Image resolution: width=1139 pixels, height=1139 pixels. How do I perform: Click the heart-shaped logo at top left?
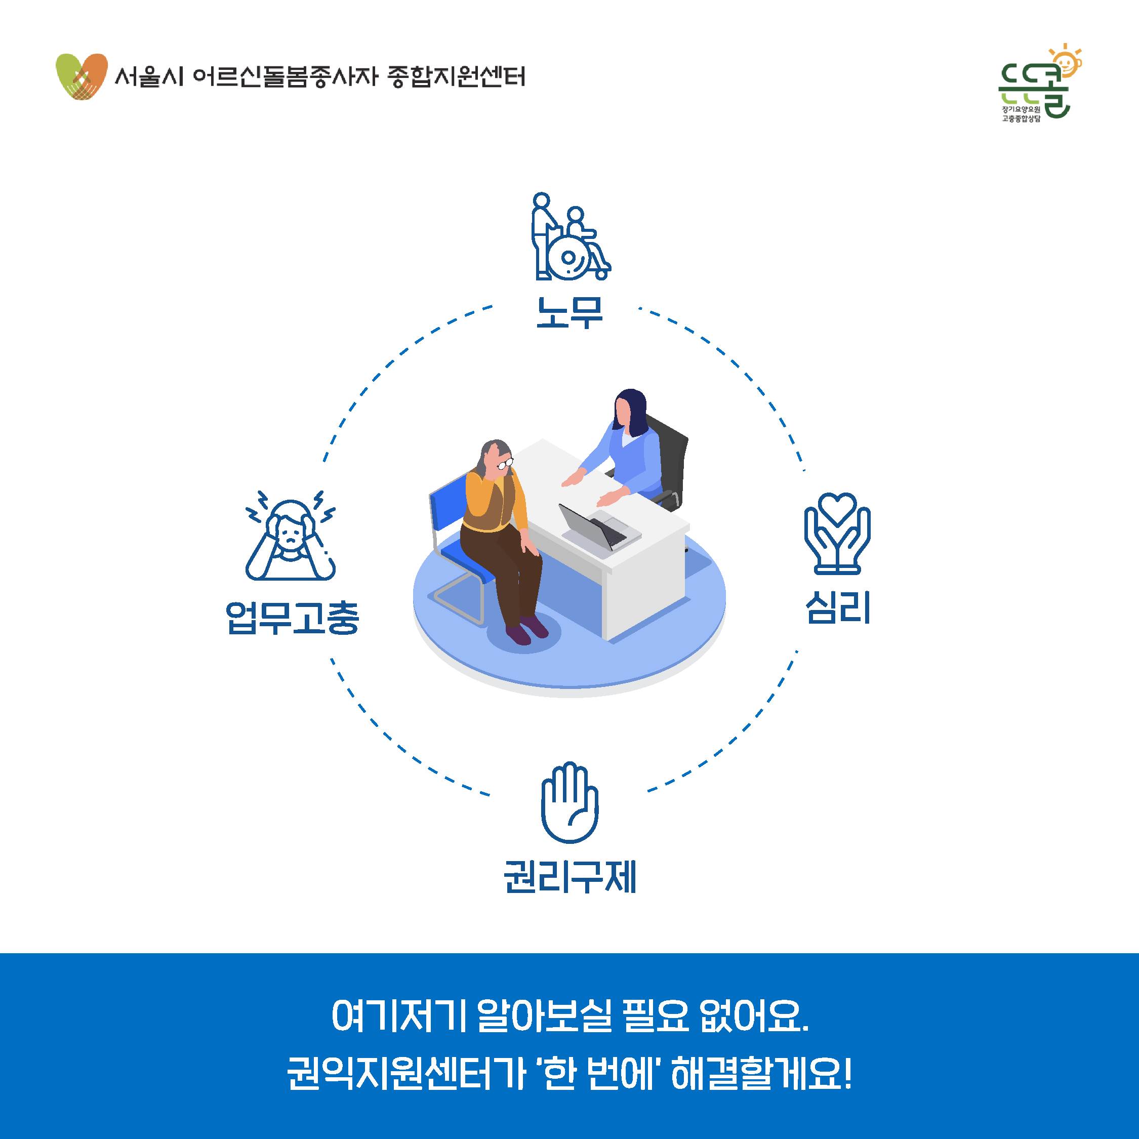pos(82,76)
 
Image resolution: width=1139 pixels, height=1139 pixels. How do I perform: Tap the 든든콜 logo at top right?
pos(1039,83)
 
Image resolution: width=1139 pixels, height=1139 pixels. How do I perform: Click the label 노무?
pos(569,312)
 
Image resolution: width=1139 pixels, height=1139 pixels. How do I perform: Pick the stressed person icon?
pos(290,535)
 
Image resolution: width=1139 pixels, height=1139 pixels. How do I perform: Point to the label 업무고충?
pos(293,618)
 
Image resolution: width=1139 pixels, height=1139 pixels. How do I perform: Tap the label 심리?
pos(838,607)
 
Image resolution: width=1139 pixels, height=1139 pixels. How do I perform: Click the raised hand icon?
pos(569,802)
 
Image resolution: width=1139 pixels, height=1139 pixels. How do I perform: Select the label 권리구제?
pos(570,877)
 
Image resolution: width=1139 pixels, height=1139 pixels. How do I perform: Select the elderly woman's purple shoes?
pos(526,630)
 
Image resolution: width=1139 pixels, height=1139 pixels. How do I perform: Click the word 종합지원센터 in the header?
pos(456,76)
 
